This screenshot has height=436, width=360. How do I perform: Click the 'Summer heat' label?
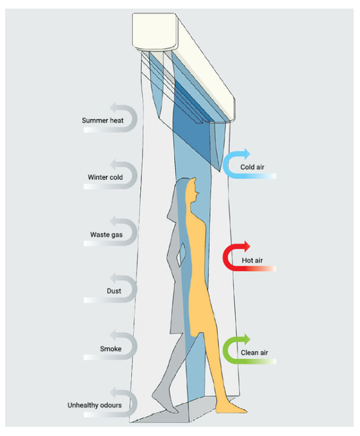point(102,120)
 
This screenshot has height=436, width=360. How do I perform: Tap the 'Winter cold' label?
point(105,177)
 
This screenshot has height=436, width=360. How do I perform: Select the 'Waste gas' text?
point(106,235)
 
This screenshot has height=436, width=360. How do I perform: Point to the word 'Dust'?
point(114,291)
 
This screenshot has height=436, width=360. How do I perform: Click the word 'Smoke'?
point(110,348)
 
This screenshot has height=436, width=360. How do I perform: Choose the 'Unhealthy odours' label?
point(94,405)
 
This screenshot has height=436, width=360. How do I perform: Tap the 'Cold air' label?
point(252,167)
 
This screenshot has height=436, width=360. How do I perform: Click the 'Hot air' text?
point(252,260)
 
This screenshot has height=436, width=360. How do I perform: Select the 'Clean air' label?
point(254,352)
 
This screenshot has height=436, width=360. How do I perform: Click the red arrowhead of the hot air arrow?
point(247,247)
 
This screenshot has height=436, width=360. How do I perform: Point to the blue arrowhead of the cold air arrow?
point(247,154)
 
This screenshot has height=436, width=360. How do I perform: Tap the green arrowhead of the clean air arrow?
point(247,339)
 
